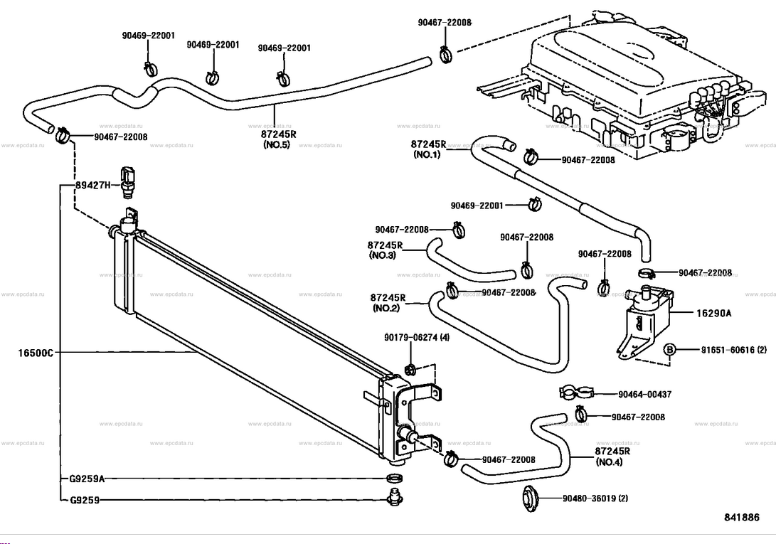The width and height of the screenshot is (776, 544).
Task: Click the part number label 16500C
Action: pos(36,353)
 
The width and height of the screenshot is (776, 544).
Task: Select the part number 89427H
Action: pos(93,185)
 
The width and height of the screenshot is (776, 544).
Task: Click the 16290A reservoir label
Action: pos(713,313)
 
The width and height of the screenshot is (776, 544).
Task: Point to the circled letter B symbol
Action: pos(669,349)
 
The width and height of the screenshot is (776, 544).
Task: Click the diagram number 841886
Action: pos(741,517)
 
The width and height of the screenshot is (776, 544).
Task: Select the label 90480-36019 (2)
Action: pos(595,498)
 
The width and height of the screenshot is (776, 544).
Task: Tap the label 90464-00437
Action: pos(645,394)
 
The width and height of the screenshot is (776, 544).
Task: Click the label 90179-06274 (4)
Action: pos(417,338)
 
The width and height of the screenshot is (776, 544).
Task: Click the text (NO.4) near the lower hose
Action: pos(610,462)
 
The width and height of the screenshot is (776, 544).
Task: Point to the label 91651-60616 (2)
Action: pos(734,349)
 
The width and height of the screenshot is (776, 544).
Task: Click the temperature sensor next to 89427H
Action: pos(128,181)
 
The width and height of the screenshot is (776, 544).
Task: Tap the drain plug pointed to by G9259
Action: pos(394,496)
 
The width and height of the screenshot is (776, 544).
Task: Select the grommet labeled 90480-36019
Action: pos(531,498)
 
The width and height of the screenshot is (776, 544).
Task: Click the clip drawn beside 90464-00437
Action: pos(575,392)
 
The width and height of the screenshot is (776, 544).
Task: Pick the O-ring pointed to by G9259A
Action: pos(394,478)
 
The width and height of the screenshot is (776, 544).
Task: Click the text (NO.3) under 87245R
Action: pos(383,255)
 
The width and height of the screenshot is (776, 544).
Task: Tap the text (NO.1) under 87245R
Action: pos(427,154)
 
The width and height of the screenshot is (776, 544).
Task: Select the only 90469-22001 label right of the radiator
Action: pos(477,205)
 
